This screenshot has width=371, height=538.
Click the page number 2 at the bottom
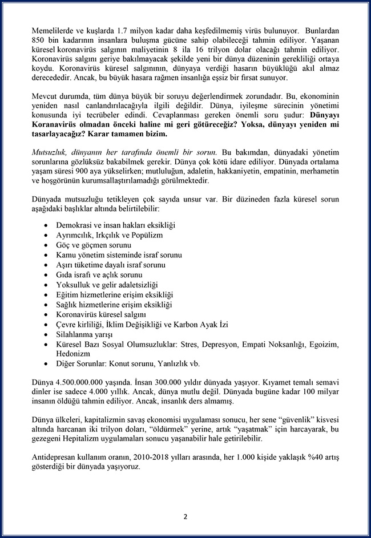click(185, 517)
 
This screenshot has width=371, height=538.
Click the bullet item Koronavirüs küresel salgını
click(101, 314)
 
